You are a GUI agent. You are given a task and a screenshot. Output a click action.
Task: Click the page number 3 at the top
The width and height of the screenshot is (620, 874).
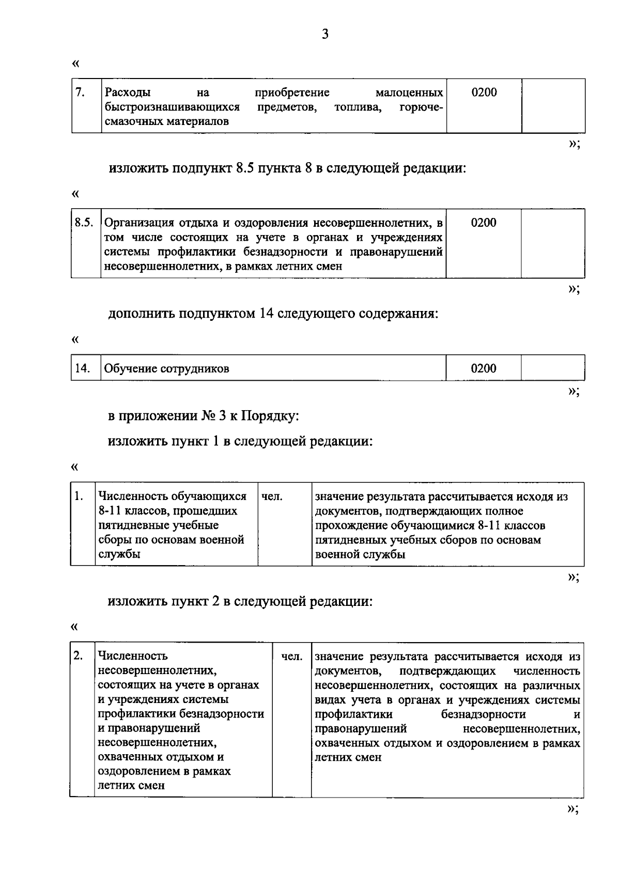point(324,35)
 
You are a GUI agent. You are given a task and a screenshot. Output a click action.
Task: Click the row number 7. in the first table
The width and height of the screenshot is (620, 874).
point(80,92)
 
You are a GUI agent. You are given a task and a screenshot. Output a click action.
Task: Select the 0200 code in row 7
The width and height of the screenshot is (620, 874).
point(484,92)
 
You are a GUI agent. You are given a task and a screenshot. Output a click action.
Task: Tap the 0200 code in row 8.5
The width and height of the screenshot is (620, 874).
point(484,223)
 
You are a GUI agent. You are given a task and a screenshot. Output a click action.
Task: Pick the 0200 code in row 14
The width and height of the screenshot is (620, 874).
point(484,368)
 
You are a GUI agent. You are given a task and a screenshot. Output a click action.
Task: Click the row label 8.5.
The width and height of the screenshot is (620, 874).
point(84,223)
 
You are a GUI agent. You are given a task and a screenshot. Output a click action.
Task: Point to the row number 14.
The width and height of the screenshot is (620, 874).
point(82,368)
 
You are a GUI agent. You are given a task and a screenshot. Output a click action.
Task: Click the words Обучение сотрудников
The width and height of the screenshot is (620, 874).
point(167,369)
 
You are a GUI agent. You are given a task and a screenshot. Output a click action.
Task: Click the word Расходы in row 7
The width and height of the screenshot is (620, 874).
point(128,93)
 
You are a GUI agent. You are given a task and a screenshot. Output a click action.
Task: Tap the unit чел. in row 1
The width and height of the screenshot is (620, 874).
point(272,497)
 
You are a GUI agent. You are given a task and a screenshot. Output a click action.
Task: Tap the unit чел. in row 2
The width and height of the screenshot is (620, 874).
point(292,657)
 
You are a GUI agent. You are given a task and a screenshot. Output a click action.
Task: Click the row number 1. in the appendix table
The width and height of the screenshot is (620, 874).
point(79,496)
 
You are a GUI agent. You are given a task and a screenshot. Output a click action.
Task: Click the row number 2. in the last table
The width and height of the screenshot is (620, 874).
point(78,656)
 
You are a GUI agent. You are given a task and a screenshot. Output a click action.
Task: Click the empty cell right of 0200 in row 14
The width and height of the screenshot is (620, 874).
point(552,368)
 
